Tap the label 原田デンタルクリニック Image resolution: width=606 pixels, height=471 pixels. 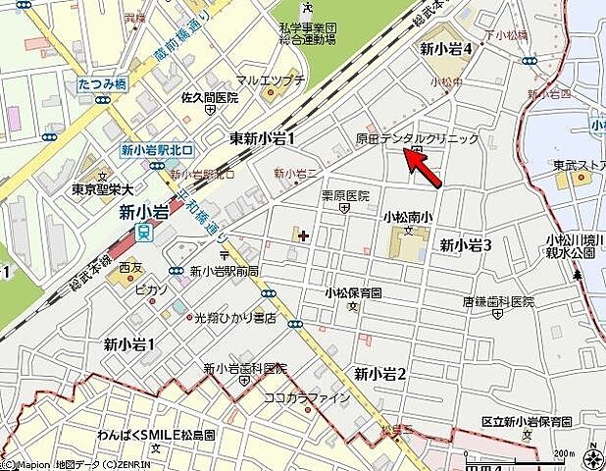[417, 139]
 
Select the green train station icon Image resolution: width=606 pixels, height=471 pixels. [144, 233]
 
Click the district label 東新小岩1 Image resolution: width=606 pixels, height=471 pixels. [262, 139]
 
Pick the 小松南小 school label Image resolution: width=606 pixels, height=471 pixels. [409, 217]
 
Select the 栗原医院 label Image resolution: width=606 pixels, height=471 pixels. [346, 195]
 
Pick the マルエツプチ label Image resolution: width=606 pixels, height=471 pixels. [270, 80]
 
